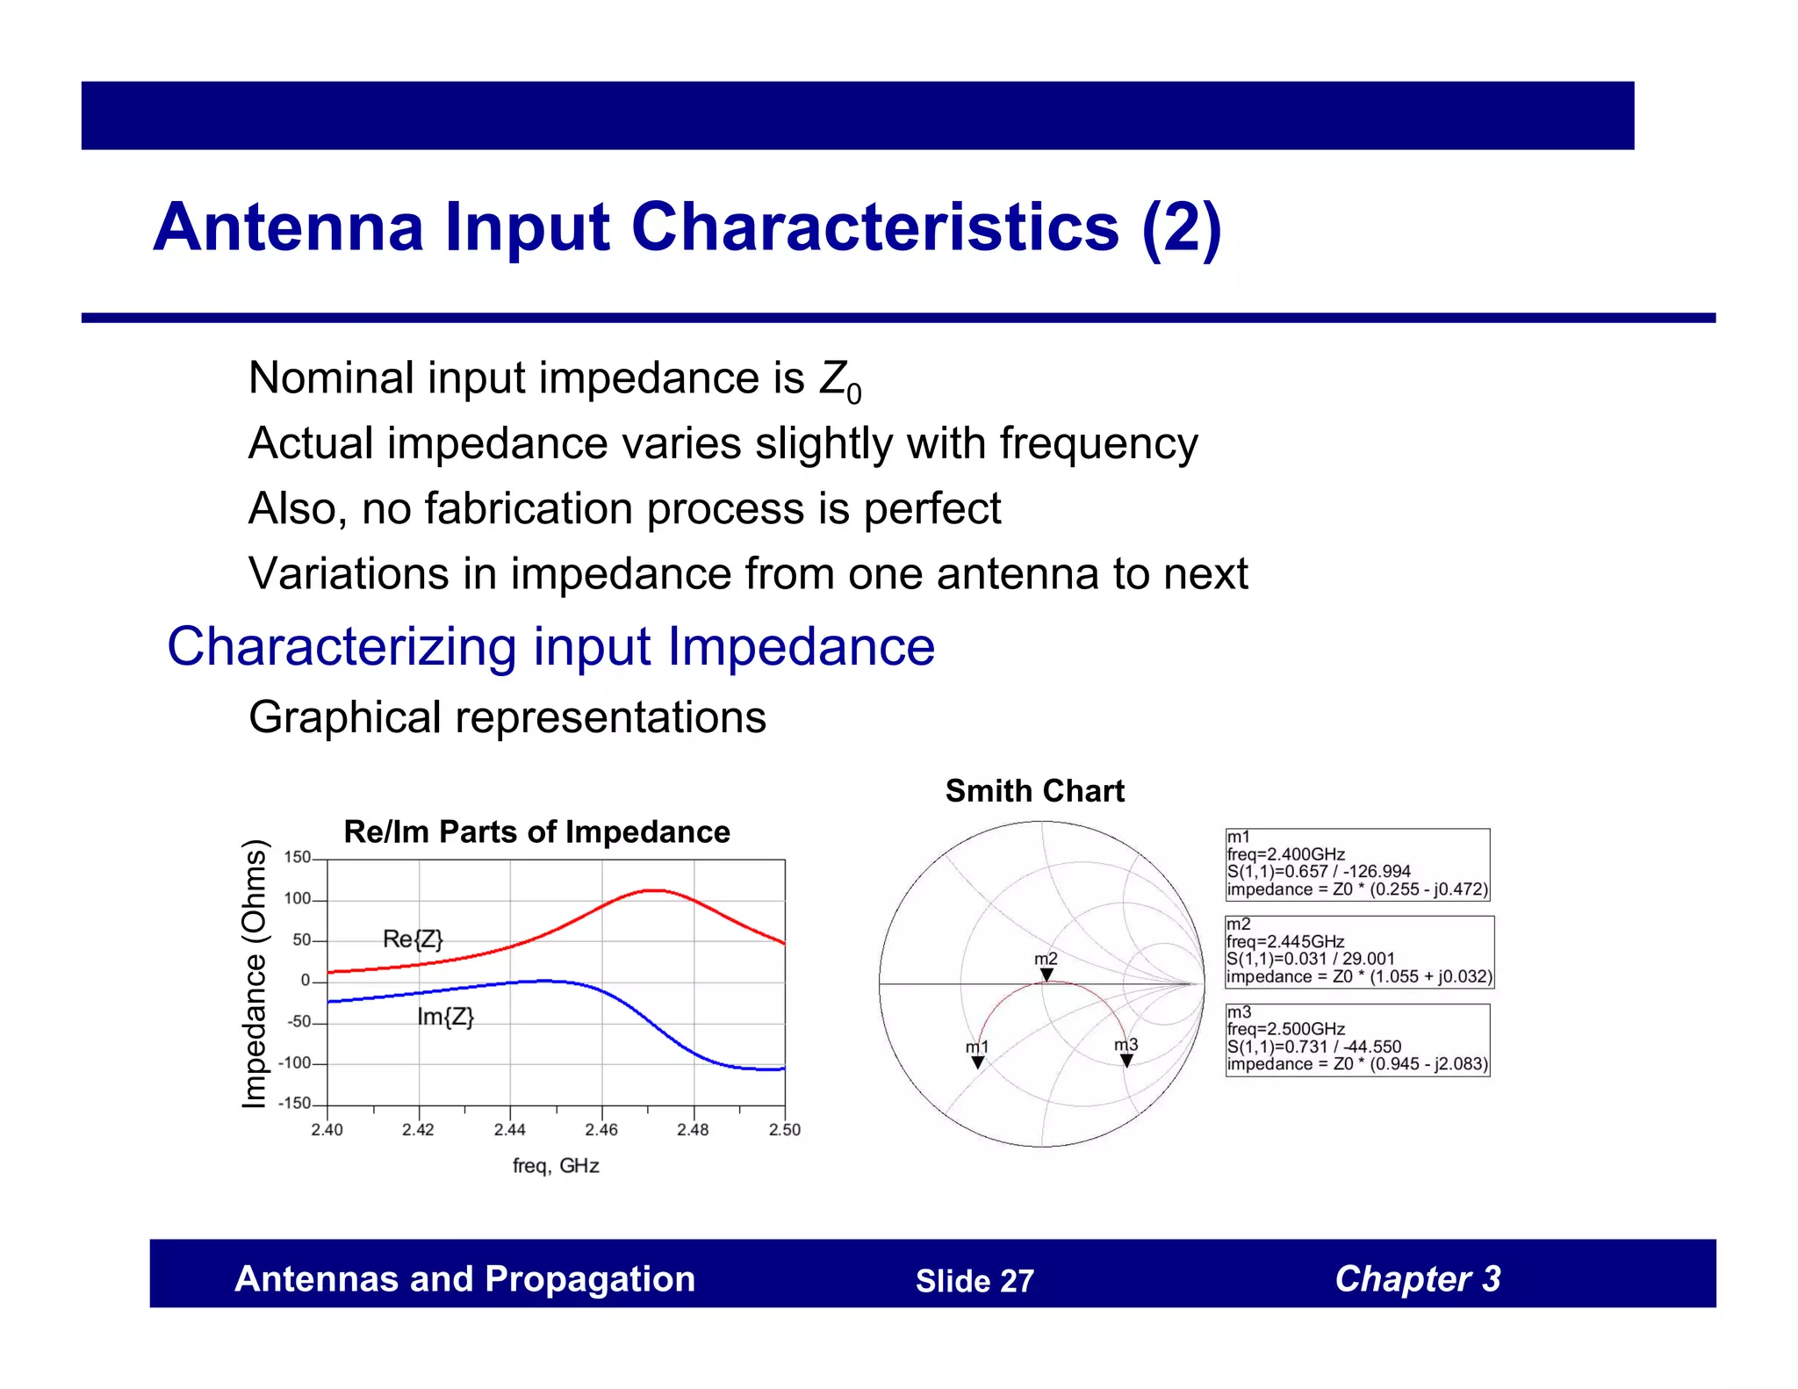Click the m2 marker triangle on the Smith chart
pos(1046,975)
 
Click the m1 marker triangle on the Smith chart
pos(977,1062)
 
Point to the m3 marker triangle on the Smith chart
pos(1126,1061)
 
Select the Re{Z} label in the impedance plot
pos(413,939)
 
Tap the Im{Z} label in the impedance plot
pos(445,1018)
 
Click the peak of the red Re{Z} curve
pos(654,890)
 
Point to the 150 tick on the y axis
pos(297,858)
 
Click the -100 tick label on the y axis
pos(294,1063)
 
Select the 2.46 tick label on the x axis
pos(601,1130)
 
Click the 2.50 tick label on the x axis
pos(784,1130)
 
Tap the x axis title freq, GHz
pos(556,1166)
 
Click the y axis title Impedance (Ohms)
pos(254,975)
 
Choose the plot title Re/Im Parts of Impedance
pos(536,831)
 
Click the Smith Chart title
pos(1034,791)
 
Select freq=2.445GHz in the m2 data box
pos(1285,941)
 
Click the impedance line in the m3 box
pos(1357,1064)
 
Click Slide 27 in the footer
pos(975,1281)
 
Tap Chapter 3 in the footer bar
pos(1417,1279)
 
